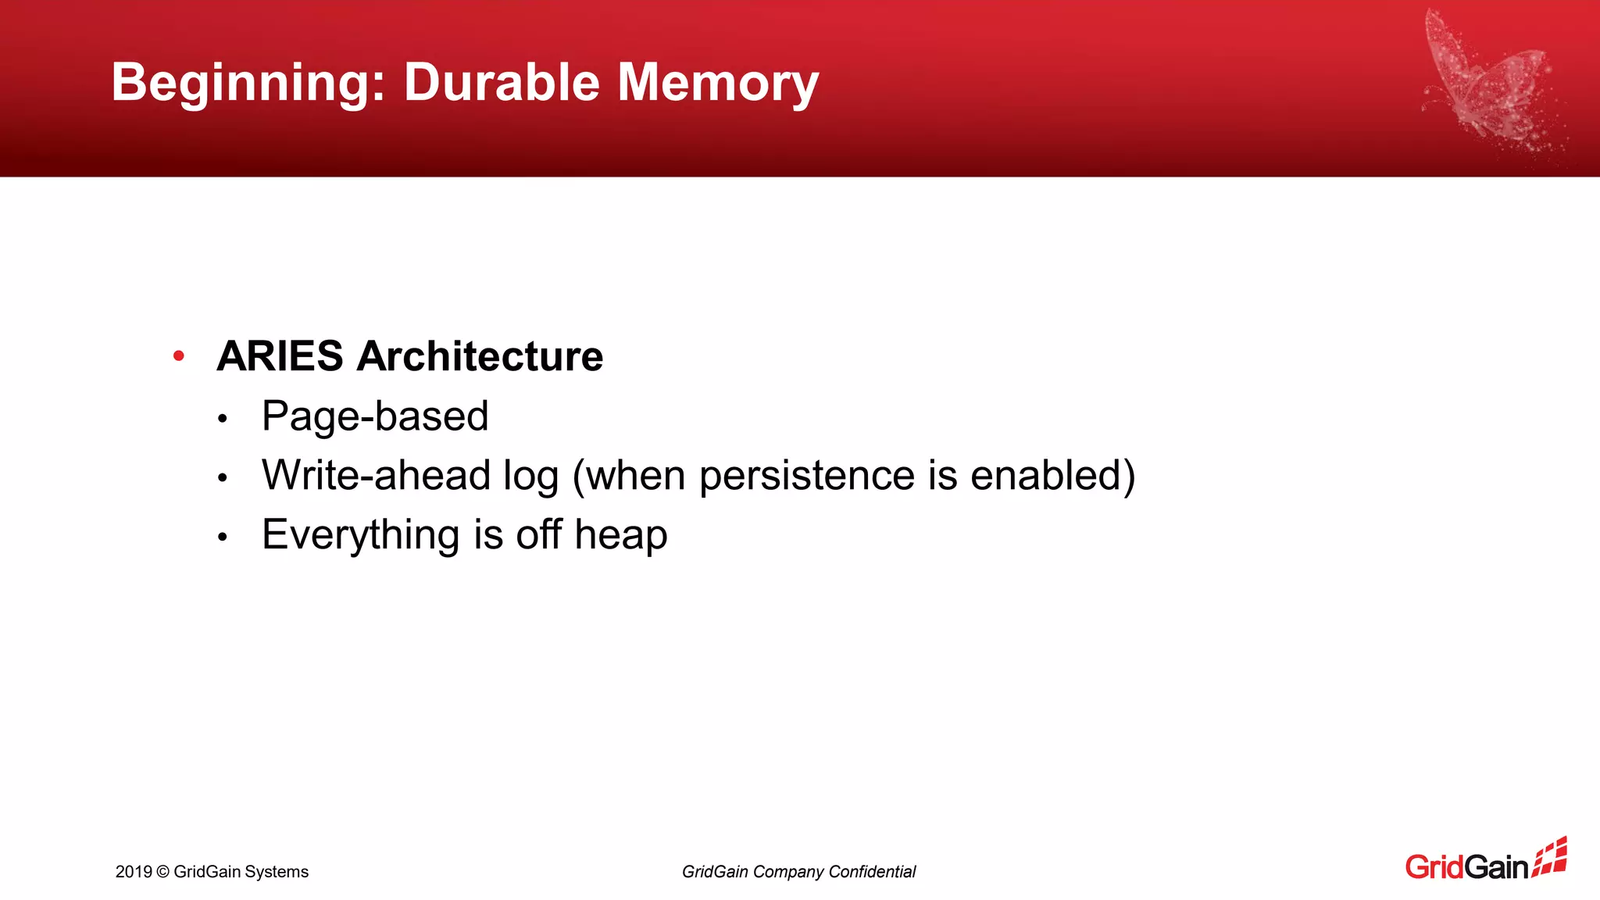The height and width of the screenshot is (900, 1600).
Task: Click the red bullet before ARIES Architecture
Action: [x=179, y=356]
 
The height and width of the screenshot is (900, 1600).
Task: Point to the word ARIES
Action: [x=280, y=356]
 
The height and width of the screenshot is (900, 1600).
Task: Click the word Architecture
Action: [x=480, y=356]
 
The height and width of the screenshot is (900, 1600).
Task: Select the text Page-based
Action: [x=375, y=416]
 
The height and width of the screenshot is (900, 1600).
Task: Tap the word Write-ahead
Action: [x=376, y=475]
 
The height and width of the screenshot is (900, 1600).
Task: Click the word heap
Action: [x=620, y=535]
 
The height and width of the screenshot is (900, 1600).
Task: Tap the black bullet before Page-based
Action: [x=223, y=419]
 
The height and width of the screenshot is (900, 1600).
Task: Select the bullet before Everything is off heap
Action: [x=223, y=537]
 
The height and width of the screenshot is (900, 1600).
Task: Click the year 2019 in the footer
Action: [x=134, y=872]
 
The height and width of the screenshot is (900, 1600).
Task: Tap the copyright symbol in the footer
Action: [x=162, y=872]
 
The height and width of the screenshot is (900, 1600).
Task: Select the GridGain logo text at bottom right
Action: [x=1466, y=867]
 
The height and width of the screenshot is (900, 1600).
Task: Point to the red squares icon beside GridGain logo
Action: [x=1550, y=858]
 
